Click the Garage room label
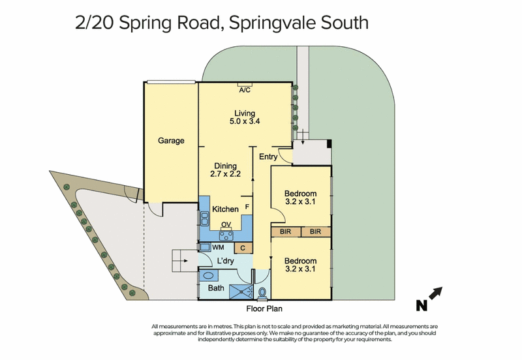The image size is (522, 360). [x=171, y=141]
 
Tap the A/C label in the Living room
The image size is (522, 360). [x=245, y=90]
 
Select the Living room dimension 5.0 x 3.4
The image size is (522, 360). [x=245, y=121]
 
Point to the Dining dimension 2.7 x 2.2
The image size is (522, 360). [x=225, y=173]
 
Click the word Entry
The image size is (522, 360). [x=268, y=157]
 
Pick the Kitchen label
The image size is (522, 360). [x=225, y=209]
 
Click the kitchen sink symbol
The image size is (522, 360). [x=204, y=219]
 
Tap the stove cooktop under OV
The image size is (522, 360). [x=226, y=236]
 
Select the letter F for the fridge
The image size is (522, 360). [x=247, y=207]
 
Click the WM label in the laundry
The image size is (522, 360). [x=218, y=247]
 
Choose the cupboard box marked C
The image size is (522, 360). [x=243, y=248]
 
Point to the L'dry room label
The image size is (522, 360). [x=225, y=261]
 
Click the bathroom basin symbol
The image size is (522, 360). [x=209, y=276]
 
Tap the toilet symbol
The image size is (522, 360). [x=262, y=293]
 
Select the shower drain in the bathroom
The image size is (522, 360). [x=241, y=292]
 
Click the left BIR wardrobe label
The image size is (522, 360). [x=285, y=232]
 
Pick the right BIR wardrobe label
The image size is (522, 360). [x=315, y=232]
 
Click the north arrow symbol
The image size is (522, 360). [x=436, y=293]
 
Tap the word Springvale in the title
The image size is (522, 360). [x=272, y=23]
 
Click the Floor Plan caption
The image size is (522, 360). [x=264, y=308]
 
